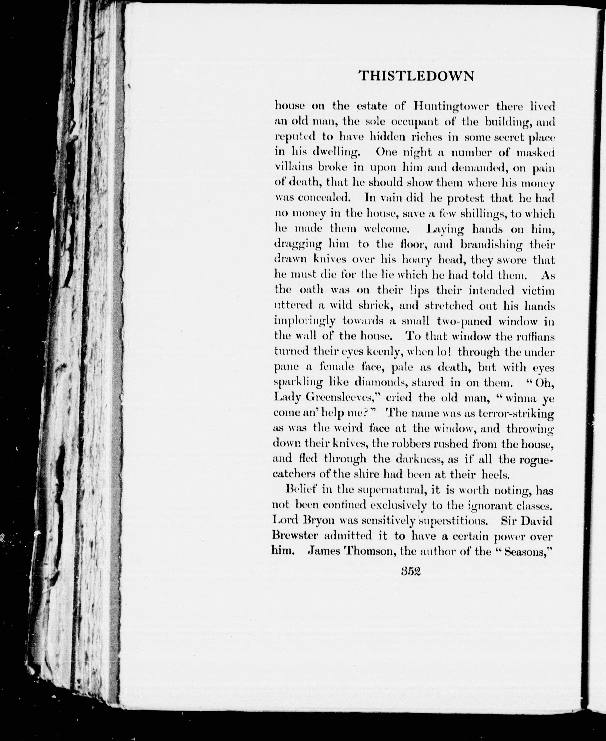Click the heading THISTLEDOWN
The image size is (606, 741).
416,76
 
